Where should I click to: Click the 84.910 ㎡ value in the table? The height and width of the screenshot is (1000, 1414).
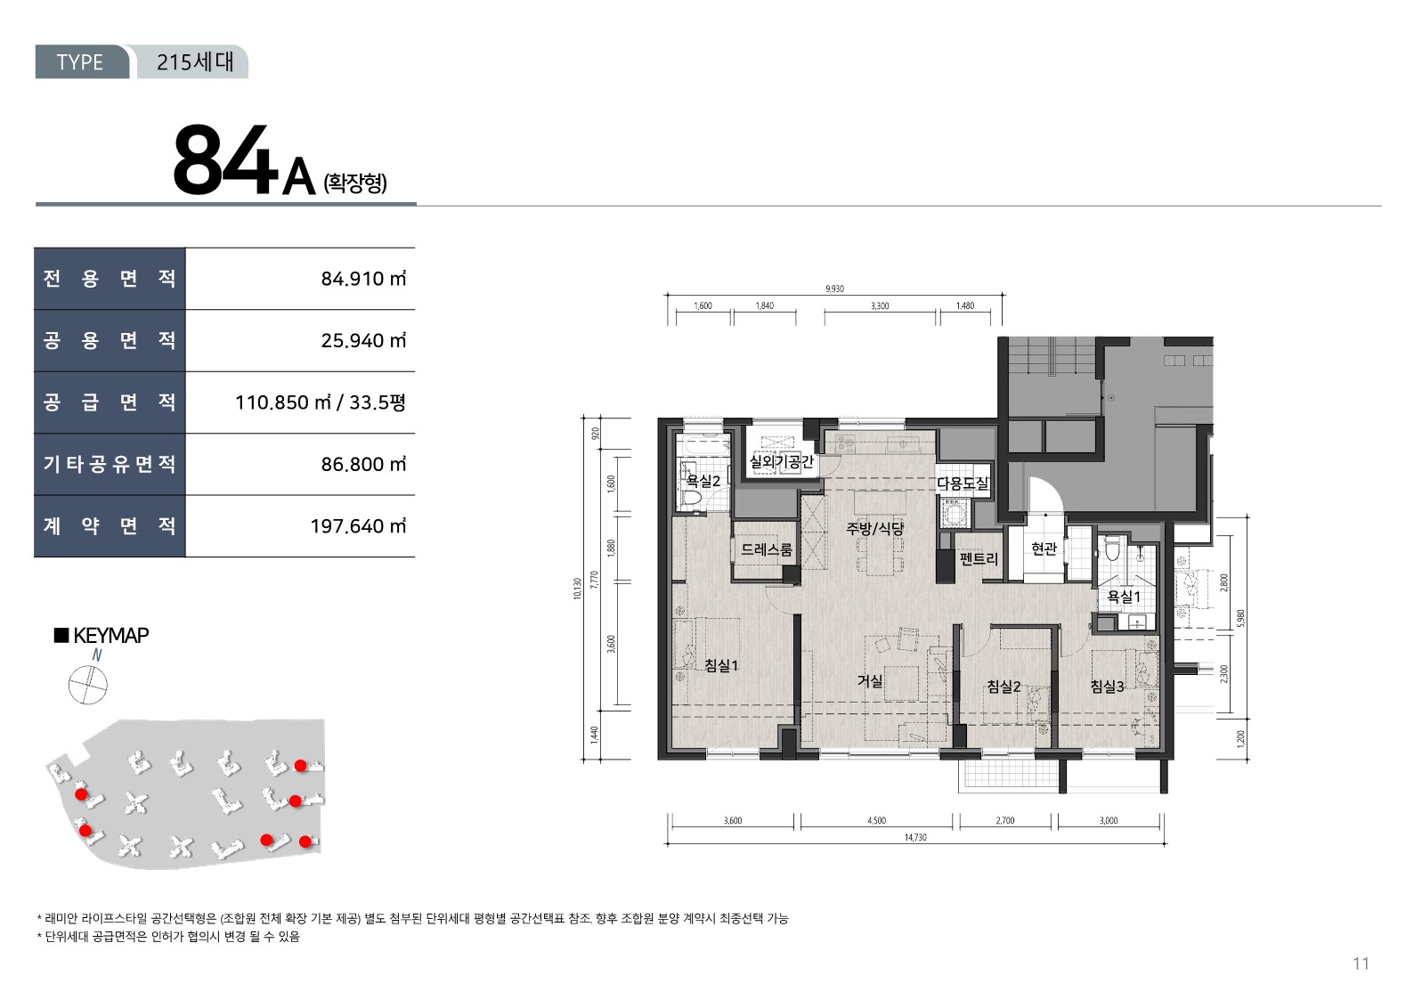tap(363, 279)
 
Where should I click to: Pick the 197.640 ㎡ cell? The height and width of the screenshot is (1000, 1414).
tap(358, 526)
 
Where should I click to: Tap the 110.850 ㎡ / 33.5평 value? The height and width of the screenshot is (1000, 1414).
tap(320, 402)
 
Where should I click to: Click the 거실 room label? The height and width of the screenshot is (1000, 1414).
tap(869, 680)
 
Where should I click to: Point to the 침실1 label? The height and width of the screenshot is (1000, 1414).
tap(721, 665)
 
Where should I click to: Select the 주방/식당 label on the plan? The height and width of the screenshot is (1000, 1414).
tap(875, 528)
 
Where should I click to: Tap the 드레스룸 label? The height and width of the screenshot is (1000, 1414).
tap(767, 549)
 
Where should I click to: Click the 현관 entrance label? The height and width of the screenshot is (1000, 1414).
tap(1044, 549)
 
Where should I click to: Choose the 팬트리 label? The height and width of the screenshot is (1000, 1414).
tap(979, 558)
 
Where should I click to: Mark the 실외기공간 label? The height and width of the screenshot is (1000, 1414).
tap(782, 461)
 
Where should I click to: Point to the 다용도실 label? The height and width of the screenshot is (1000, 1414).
tap(962, 484)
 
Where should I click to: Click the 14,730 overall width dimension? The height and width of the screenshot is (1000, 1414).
tap(915, 837)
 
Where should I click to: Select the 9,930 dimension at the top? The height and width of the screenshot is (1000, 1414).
tap(834, 289)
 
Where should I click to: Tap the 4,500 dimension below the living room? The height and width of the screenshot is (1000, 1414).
tap(876, 821)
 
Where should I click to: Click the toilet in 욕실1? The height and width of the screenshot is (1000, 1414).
tap(1112, 548)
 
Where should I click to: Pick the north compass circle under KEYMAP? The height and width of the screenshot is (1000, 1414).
tap(88, 685)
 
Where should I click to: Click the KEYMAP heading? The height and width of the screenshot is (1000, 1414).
tap(102, 635)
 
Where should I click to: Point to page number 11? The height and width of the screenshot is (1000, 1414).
tap(1361, 964)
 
